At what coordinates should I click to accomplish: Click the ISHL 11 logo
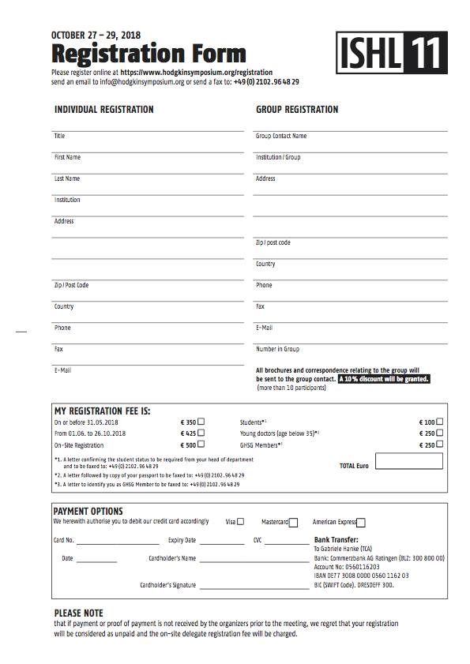pos(392,54)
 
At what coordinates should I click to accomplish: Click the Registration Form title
pos(149,54)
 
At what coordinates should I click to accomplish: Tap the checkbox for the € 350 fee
pos(201,422)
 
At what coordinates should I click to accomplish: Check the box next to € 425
pos(201,433)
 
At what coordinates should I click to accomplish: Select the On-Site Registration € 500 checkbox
pos(201,445)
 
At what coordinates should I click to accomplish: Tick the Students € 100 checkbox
pos(439,422)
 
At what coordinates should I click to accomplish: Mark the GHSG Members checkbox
pos(439,445)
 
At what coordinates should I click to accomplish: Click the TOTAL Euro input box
pos(409,462)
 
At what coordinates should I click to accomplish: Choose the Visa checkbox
pos(241,521)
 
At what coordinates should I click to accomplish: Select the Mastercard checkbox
pos(293,522)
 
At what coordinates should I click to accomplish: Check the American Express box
pos(361,522)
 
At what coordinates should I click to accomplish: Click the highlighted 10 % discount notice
pos(384,379)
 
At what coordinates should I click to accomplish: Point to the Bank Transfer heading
pos(337,540)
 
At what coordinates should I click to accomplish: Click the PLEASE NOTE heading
pos(78,613)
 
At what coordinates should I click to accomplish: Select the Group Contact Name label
pos(281,136)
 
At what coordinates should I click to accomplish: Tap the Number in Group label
pos(277,349)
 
